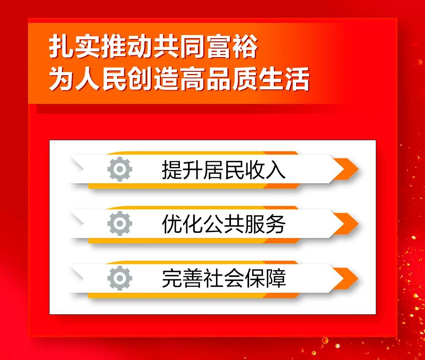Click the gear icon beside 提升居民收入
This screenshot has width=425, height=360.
pos(120,169)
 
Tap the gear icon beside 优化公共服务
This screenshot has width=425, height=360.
pos(120,223)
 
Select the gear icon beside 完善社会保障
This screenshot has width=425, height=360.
pos(120,278)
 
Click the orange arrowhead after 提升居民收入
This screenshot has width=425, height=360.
pos(346,169)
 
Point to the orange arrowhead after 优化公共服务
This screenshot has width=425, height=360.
pos(346,224)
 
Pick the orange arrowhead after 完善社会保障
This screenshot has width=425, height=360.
pos(346,278)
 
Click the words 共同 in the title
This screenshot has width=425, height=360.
pos(179,46)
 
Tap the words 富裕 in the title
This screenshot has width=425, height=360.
pos(232,46)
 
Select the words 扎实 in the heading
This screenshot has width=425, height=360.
pos(74,46)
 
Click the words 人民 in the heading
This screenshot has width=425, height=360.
pos(101,79)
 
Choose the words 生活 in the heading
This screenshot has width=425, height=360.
pos(285,79)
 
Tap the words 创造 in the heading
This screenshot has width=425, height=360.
pos(153,79)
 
